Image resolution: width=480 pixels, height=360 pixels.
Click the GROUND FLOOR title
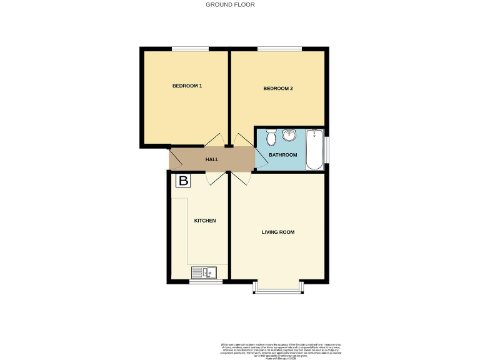click(230, 4)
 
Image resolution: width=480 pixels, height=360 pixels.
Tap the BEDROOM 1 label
click(187, 86)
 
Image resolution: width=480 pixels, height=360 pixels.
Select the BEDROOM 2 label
click(278, 88)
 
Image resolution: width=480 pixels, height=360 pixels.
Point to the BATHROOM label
click(282, 154)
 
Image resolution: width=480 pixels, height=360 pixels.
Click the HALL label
click(212, 159)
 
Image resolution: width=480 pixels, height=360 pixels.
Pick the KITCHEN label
click(205, 221)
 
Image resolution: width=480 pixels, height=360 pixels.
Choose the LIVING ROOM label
click(278, 232)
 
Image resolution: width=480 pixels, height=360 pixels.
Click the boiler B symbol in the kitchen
click(183, 181)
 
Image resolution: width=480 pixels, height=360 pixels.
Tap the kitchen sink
click(204, 272)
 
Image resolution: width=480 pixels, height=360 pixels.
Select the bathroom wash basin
click(289, 135)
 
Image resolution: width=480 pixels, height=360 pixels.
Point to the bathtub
click(314, 149)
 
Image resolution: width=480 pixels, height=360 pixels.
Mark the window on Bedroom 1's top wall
click(191, 49)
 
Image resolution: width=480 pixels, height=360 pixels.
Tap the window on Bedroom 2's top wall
click(278, 49)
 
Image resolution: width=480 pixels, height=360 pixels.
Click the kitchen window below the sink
click(205, 282)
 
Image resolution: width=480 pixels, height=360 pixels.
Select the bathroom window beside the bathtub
click(327, 149)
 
